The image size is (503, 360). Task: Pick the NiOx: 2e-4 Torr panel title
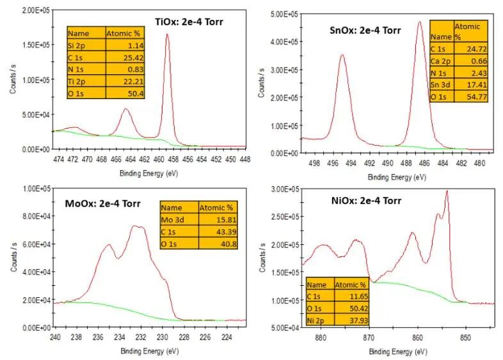362,200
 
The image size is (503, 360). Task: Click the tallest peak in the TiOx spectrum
168,35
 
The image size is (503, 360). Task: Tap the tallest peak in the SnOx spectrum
420,22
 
